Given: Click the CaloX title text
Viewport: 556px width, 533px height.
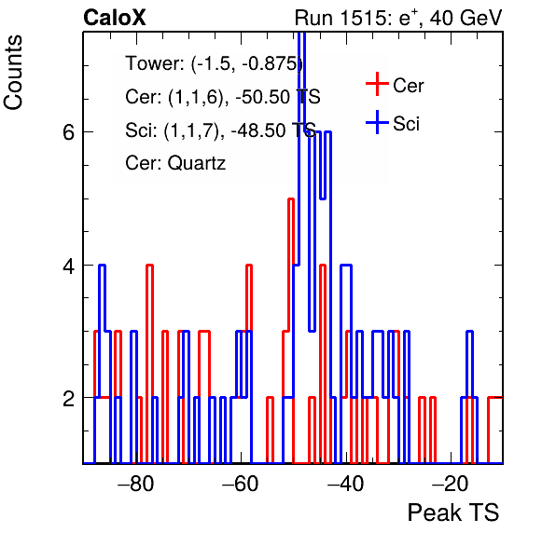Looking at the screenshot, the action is [115, 18].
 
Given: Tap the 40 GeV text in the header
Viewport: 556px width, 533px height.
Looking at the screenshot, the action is [466, 18].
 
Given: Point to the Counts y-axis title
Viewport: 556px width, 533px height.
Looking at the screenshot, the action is [13, 73].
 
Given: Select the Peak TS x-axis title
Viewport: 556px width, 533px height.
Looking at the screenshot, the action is [452, 512].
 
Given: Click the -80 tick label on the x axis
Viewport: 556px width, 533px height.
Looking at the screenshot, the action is [136, 483].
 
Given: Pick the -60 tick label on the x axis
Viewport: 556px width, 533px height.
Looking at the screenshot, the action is [240, 483].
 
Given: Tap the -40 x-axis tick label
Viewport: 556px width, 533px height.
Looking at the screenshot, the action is [345, 483].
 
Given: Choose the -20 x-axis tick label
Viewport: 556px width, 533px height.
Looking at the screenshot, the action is [450, 483].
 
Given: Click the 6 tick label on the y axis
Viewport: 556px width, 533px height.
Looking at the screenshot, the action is [68, 132].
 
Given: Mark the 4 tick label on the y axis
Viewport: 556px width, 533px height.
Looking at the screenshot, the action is [68, 266].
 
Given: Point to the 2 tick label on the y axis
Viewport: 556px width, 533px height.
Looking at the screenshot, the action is [68, 398].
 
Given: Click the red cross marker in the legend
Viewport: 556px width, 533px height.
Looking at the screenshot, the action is [377, 84].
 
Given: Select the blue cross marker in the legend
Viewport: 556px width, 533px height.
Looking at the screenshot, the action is [377, 122].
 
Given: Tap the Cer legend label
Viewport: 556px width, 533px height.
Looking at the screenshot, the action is [408, 86].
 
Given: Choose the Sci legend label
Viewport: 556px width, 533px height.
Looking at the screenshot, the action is [406, 124].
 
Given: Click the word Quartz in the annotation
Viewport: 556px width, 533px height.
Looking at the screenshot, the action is [197, 164].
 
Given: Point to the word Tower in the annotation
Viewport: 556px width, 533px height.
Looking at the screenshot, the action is [153, 63].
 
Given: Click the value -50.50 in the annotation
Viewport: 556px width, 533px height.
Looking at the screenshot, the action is [263, 97].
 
